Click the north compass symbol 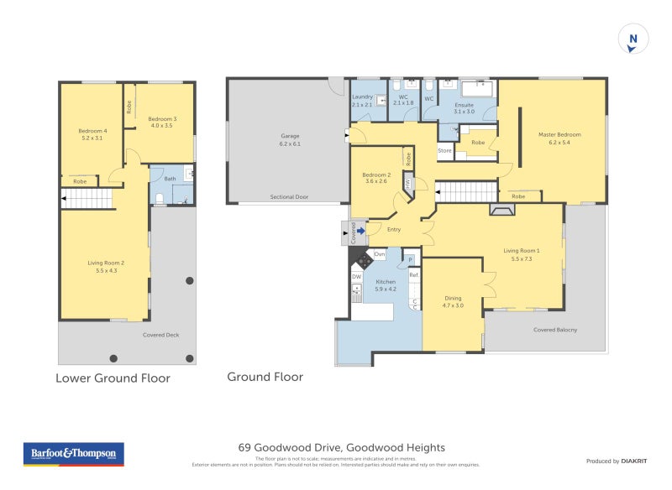tap(633, 39)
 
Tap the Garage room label tap(290, 139)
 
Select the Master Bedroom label tap(559, 138)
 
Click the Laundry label tap(362, 100)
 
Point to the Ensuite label tap(465, 107)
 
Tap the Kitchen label tap(386, 285)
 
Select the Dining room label tap(453, 302)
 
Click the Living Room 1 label tap(522, 254)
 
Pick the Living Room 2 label tap(106, 266)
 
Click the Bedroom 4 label tap(92, 134)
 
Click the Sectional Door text tap(289, 197)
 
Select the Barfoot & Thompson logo tap(73, 454)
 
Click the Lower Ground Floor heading tap(113, 378)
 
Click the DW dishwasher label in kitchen tap(357, 276)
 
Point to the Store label tap(445, 151)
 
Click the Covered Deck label tap(160, 335)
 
